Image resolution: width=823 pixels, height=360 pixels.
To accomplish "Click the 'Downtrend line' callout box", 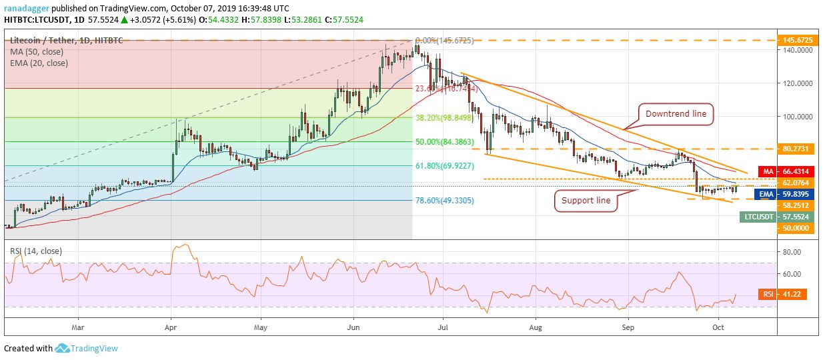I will point(676,114).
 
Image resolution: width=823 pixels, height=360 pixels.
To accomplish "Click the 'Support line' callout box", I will point(586,200).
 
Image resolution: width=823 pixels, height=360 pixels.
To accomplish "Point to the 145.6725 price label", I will point(797,40).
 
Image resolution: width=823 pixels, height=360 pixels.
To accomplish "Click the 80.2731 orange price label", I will point(797,149).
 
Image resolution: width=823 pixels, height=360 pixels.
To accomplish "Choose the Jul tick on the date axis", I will point(442,327).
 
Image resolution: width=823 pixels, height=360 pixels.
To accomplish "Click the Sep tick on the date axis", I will point(627,327).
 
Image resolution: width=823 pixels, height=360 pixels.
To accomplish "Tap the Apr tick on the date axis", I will point(171,327).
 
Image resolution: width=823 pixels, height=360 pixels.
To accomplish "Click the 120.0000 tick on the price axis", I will point(797,83).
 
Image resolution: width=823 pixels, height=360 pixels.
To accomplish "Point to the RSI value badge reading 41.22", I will point(767,294).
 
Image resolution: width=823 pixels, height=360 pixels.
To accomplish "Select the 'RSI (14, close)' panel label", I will point(36,251).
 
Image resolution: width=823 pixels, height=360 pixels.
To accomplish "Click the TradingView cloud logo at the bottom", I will point(63,348).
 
